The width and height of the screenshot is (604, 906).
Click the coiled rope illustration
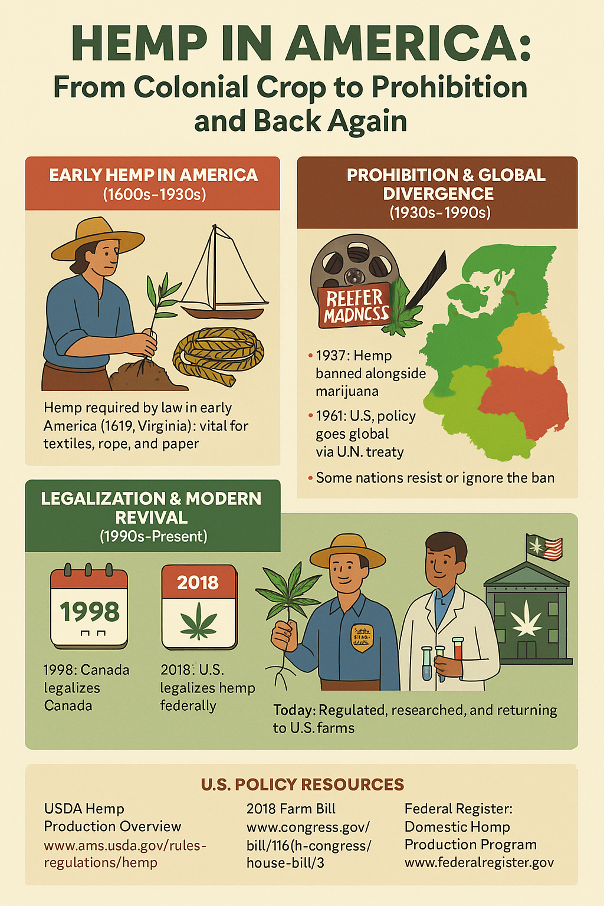pos(218,354)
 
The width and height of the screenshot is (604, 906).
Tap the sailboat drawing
pos(224,277)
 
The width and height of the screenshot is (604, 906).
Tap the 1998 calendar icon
pos(89,608)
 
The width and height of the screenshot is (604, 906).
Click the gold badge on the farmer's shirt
pos(362,637)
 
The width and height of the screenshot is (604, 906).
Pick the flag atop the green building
pos(544,547)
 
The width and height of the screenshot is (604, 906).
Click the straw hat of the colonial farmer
pos(97,236)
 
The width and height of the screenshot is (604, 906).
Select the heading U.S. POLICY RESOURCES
pos(302,784)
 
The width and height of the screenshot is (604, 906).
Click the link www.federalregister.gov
pos(479,862)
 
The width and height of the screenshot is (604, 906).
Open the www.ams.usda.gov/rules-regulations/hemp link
pos(125,854)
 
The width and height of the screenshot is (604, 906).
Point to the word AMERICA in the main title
pos(407,44)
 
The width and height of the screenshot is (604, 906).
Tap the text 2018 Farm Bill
pos(291,809)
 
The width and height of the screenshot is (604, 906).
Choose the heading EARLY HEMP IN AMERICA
pos(153,175)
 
